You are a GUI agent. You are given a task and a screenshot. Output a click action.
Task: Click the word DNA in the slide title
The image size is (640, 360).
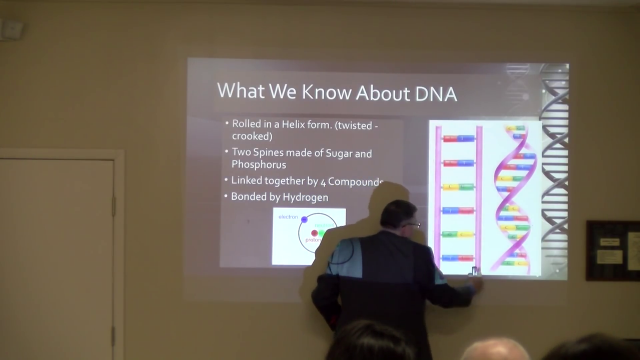click(x=436, y=93)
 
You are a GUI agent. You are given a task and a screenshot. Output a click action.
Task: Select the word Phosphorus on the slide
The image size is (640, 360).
click(x=258, y=164)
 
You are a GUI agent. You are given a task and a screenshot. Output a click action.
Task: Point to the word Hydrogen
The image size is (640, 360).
click(x=305, y=197)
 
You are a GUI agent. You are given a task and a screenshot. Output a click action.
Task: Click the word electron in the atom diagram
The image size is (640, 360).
click(x=288, y=217)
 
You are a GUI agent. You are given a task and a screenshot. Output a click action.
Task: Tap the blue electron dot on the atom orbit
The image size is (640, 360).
click(x=304, y=219)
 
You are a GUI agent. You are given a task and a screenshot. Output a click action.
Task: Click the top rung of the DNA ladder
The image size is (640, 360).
click(x=458, y=138)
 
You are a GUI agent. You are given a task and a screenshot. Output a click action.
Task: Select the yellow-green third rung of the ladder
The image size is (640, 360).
click(x=458, y=187)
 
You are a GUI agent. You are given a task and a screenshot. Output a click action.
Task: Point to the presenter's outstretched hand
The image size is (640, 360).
click(x=476, y=284)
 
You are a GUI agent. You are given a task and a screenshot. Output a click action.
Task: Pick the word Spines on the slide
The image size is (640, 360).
click(x=268, y=152)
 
